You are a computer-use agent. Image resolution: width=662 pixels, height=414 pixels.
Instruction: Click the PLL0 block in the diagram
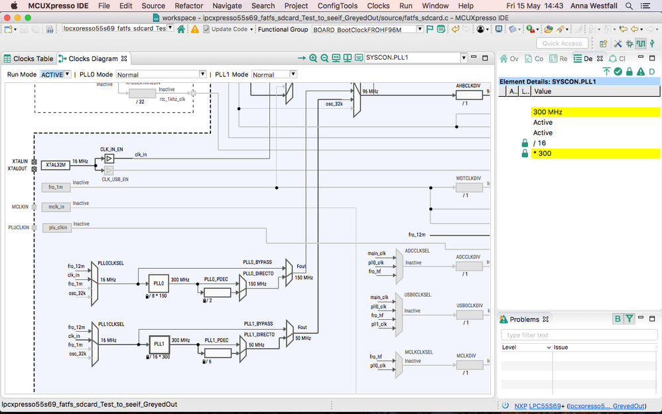(158, 283)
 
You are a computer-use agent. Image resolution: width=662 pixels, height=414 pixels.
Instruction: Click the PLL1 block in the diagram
(159, 344)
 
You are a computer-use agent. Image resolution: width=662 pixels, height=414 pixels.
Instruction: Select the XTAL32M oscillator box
(55, 165)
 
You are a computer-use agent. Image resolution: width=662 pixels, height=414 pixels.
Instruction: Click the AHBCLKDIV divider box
(469, 95)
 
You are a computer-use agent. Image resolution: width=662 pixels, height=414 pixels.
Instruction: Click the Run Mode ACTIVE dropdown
(56, 74)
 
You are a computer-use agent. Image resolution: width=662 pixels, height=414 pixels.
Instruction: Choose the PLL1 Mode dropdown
(274, 74)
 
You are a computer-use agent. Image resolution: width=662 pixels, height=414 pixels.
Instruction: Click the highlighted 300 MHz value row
(595, 112)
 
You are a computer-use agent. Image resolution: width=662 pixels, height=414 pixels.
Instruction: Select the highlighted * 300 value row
(595, 153)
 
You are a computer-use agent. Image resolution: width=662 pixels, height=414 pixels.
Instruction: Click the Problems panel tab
(524, 319)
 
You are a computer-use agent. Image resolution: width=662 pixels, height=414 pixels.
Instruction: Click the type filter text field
(578, 335)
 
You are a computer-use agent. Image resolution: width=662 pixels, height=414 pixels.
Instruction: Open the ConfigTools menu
(338, 5)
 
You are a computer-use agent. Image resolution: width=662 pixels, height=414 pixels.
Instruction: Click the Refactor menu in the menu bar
(189, 5)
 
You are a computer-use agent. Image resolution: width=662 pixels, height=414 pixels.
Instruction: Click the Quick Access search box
(562, 43)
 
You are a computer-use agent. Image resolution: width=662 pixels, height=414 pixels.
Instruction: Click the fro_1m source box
(56, 188)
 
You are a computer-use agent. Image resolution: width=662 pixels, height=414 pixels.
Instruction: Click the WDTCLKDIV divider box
(469, 188)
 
